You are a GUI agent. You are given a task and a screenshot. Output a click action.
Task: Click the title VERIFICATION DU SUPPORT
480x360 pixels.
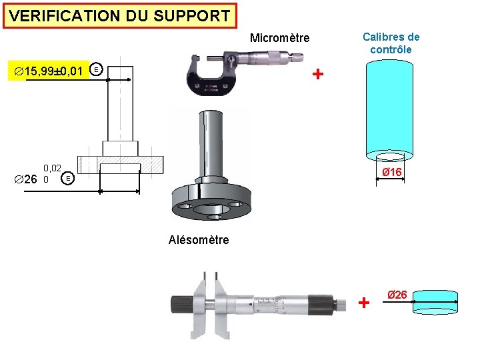120,16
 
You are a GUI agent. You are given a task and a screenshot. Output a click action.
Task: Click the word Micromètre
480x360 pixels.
279,38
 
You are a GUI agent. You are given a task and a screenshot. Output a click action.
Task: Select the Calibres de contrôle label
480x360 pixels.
391,43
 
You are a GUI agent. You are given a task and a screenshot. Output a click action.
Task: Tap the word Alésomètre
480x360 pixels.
198,240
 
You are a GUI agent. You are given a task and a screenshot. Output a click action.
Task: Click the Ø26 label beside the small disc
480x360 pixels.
398,295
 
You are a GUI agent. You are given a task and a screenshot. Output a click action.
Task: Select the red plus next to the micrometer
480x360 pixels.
318,73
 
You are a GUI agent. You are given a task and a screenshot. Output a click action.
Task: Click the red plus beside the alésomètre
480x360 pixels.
363,303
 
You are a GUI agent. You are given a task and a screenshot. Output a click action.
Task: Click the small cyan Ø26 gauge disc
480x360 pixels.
434,302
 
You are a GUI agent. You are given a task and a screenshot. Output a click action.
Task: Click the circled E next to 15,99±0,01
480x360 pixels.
97,69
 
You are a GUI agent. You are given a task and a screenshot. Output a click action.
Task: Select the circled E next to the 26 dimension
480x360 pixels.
67,179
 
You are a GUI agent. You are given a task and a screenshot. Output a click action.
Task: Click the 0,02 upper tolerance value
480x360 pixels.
53,169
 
